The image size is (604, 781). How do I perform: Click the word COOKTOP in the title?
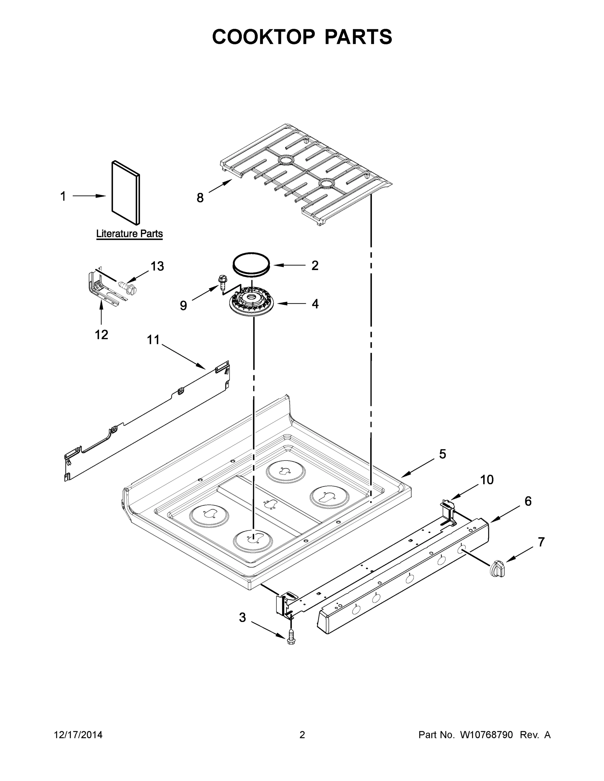[264, 37]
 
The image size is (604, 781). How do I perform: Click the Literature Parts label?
[129, 234]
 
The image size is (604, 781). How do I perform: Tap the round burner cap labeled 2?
[251, 264]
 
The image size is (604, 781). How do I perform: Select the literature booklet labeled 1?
[126, 193]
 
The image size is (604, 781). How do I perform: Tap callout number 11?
[153, 339]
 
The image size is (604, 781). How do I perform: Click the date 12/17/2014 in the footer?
[78, 735]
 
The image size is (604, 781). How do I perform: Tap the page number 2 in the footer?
[302, 735]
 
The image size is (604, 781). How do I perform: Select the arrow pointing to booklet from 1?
[89, 196]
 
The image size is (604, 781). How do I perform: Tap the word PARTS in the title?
[358, 37]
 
